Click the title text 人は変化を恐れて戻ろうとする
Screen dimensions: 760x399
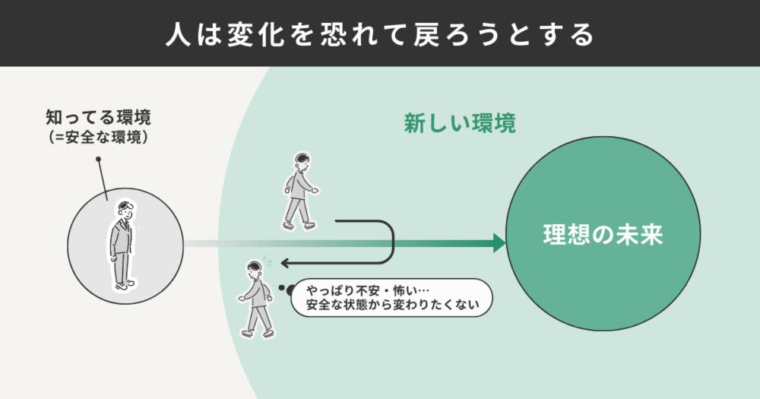[x=380, y=35]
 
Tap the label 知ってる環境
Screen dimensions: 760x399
[x=98, y=118]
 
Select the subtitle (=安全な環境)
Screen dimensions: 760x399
[x=98, y=138]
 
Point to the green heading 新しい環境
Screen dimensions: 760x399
[x=460, y=123]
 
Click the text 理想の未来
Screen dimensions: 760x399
[x=603, y=235]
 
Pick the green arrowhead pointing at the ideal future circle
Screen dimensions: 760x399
[x=499, y=243]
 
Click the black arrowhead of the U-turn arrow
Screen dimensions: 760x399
[x=286, y=263]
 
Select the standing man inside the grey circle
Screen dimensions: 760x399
[x=122, y=245]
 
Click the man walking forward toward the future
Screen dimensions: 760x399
[x=300, y=191]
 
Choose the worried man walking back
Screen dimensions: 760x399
[x=255, y=299]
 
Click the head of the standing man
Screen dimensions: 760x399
[x=125, y=211]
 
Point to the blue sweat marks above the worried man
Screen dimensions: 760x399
[x=267, y=261]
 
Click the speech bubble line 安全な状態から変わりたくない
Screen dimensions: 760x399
[x=393, y=305]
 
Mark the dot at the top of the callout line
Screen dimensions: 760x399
[x=98, y=159]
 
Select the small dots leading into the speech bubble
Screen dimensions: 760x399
[x=287, y=290]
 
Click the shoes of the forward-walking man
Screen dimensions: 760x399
[x=299, y=226]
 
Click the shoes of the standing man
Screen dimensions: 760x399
[x=125, y=285]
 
